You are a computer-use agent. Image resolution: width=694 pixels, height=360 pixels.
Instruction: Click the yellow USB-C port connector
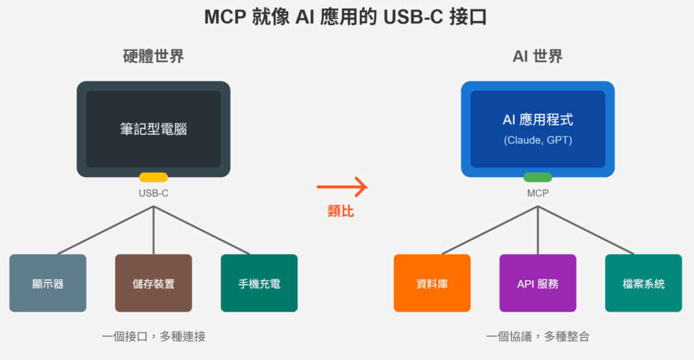(x=154, y=177)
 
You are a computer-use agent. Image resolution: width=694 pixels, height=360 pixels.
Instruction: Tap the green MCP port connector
(x=537, y=177)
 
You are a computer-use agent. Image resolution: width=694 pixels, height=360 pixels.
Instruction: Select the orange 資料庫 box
(x=432, y=283)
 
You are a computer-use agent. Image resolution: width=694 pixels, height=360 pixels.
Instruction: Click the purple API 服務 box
(x=537, y=283)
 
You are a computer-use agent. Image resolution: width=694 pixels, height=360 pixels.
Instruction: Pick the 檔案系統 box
(x=644, y=283)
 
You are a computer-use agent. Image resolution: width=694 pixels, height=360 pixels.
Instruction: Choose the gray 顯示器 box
(x=48, y=283)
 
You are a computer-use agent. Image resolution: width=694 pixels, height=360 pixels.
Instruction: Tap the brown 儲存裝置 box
(x=154, y=283)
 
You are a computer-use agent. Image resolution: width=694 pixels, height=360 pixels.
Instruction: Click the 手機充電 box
(x=260, y=283)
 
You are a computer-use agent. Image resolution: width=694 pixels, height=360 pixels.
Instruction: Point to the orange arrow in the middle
(x=342, y=187)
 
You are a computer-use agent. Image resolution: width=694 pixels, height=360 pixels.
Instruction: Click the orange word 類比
(x=341, y=211)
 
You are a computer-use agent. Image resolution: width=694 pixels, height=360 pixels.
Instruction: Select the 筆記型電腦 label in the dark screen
(x=154, y=129)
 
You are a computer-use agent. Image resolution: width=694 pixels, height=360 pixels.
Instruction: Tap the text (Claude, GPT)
(x=537, y=140)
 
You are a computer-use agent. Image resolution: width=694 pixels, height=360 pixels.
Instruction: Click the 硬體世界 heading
(x=154, y=56)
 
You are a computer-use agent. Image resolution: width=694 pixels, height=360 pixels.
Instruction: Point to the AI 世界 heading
(x=537, y=56)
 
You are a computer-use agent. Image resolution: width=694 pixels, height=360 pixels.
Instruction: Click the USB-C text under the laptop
(x=154, y=193)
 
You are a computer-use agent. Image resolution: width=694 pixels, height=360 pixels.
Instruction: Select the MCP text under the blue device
(x=537, y=193)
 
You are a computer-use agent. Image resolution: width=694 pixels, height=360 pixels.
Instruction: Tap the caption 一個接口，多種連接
(x=154, y=336)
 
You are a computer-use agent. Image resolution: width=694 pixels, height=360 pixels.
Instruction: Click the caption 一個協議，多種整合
(x=537, y=336)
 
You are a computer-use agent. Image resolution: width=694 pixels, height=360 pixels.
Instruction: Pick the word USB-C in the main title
(x=413, y=17)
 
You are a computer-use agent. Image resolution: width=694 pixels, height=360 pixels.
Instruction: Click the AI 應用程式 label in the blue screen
(x=537, y=119)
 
